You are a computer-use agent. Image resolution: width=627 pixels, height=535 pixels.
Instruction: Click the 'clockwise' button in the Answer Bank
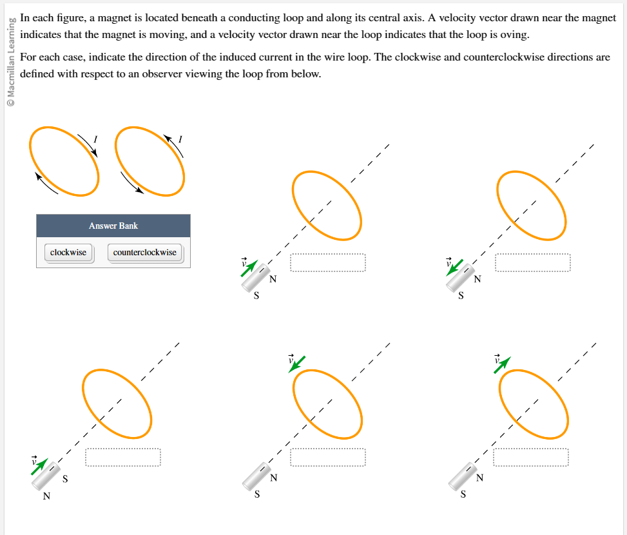68,253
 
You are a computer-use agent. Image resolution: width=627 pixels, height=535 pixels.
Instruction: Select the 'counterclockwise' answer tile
144,253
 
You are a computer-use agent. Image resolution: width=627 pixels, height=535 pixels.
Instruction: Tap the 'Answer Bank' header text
113,226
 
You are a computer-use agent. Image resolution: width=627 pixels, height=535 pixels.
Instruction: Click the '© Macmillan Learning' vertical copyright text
10,62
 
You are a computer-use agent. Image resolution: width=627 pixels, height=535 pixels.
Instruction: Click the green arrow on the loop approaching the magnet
298,364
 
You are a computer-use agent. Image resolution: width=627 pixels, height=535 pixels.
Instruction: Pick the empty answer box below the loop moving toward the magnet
327,457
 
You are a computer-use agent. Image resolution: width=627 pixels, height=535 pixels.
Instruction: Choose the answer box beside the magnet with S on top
122,457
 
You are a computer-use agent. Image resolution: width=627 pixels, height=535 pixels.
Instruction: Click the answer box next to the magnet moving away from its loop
532,263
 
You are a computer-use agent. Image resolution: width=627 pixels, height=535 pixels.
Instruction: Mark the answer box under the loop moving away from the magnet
531,457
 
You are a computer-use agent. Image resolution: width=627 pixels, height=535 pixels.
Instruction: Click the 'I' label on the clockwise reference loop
95,138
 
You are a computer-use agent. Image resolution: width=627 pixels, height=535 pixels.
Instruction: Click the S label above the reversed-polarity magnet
65,479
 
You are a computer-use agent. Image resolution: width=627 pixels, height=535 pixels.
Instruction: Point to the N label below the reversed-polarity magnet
46,496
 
